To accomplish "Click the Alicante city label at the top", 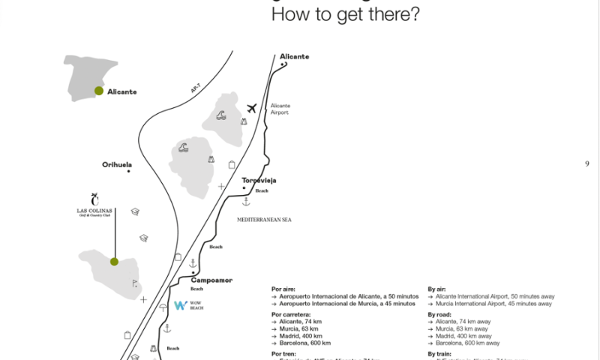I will pos(294,57).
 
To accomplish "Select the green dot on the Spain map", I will pos(98,91).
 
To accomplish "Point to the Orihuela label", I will pos(117,164).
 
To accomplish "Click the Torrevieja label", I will pos(259,181).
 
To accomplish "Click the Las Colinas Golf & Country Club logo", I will pos(94,206).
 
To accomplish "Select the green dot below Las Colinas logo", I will pos(114,262).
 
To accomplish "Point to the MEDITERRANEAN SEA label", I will pos(263,219).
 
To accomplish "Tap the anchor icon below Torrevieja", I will pos(245,202).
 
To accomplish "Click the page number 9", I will pos(587,164).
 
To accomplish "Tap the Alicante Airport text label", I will pos(280,109).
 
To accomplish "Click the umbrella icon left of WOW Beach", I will pos(163,307).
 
